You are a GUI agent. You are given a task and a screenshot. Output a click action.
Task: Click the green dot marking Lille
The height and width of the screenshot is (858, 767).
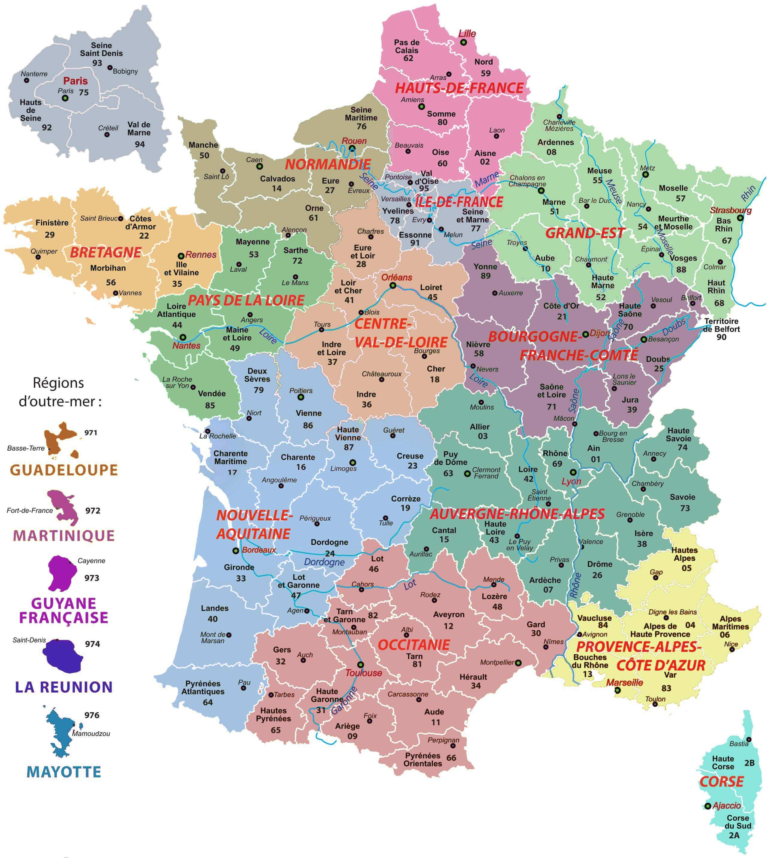(x=463, y=43)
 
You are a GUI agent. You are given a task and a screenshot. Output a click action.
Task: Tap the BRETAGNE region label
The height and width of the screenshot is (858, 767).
(x=105, y=253)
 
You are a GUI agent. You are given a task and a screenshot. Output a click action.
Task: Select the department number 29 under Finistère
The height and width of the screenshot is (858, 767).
(x=50, y=235)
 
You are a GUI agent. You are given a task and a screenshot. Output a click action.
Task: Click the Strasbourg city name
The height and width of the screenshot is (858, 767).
(x=730, y=210)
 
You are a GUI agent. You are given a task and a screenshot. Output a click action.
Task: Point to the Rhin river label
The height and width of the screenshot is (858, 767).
(x=748, y=193)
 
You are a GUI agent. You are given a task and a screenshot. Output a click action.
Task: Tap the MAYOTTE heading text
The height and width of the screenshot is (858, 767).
(x=64, y=772)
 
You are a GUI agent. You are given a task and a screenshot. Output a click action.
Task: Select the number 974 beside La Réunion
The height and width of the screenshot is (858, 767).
(x=92, y=644)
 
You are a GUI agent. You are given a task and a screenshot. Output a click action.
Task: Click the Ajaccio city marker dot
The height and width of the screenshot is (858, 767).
(x=708, y=806)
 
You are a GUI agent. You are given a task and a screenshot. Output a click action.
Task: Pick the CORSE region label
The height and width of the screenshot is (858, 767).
(x=721, y=782)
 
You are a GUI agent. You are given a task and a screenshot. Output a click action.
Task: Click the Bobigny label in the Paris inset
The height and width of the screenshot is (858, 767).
(x=125, y=71)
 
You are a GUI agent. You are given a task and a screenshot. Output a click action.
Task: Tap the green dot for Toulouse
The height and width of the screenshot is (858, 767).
(x=360, y=664)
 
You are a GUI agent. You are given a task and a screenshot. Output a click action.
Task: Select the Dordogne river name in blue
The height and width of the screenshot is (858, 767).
(x=324, y=562)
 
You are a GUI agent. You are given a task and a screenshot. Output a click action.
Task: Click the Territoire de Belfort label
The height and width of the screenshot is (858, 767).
(x=721, y=325)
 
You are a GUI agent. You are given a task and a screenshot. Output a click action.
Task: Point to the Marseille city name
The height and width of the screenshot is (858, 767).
(x=625, y=682)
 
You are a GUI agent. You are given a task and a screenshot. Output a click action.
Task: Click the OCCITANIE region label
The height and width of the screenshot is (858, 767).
(x=414, y=644)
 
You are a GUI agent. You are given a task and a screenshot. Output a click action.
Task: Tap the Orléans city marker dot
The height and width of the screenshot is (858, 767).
(x=393, y=286)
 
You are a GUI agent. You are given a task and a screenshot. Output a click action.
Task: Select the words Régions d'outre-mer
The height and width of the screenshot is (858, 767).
(x=59, y=392)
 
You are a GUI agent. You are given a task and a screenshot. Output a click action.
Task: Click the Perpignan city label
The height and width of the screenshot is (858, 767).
(x=443, y=740)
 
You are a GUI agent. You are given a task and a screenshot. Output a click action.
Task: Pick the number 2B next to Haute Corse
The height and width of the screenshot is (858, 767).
(x=749, y=763)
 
